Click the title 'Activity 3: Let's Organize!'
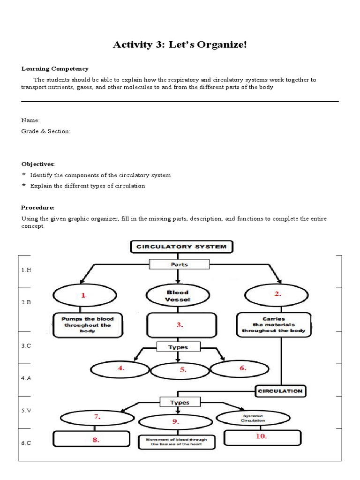180,45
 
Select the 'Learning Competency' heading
55,69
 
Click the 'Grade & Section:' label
45,131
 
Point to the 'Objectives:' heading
38,164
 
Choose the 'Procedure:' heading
38,207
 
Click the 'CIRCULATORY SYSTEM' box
181,246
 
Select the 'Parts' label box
180,264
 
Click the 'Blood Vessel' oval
178,296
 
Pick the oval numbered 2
277,295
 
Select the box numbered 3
182,324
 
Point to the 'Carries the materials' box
273,324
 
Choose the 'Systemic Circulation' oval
253,418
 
